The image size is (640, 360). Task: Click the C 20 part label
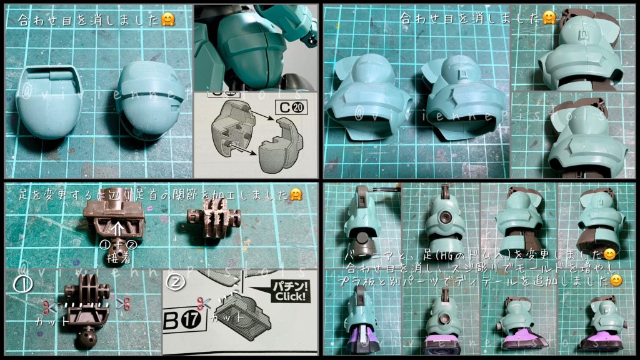[290, 107]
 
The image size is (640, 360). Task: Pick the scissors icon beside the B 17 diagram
[201, 304]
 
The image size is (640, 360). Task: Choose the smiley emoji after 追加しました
[616, 281]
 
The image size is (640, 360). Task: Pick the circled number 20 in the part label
[297, 107]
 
